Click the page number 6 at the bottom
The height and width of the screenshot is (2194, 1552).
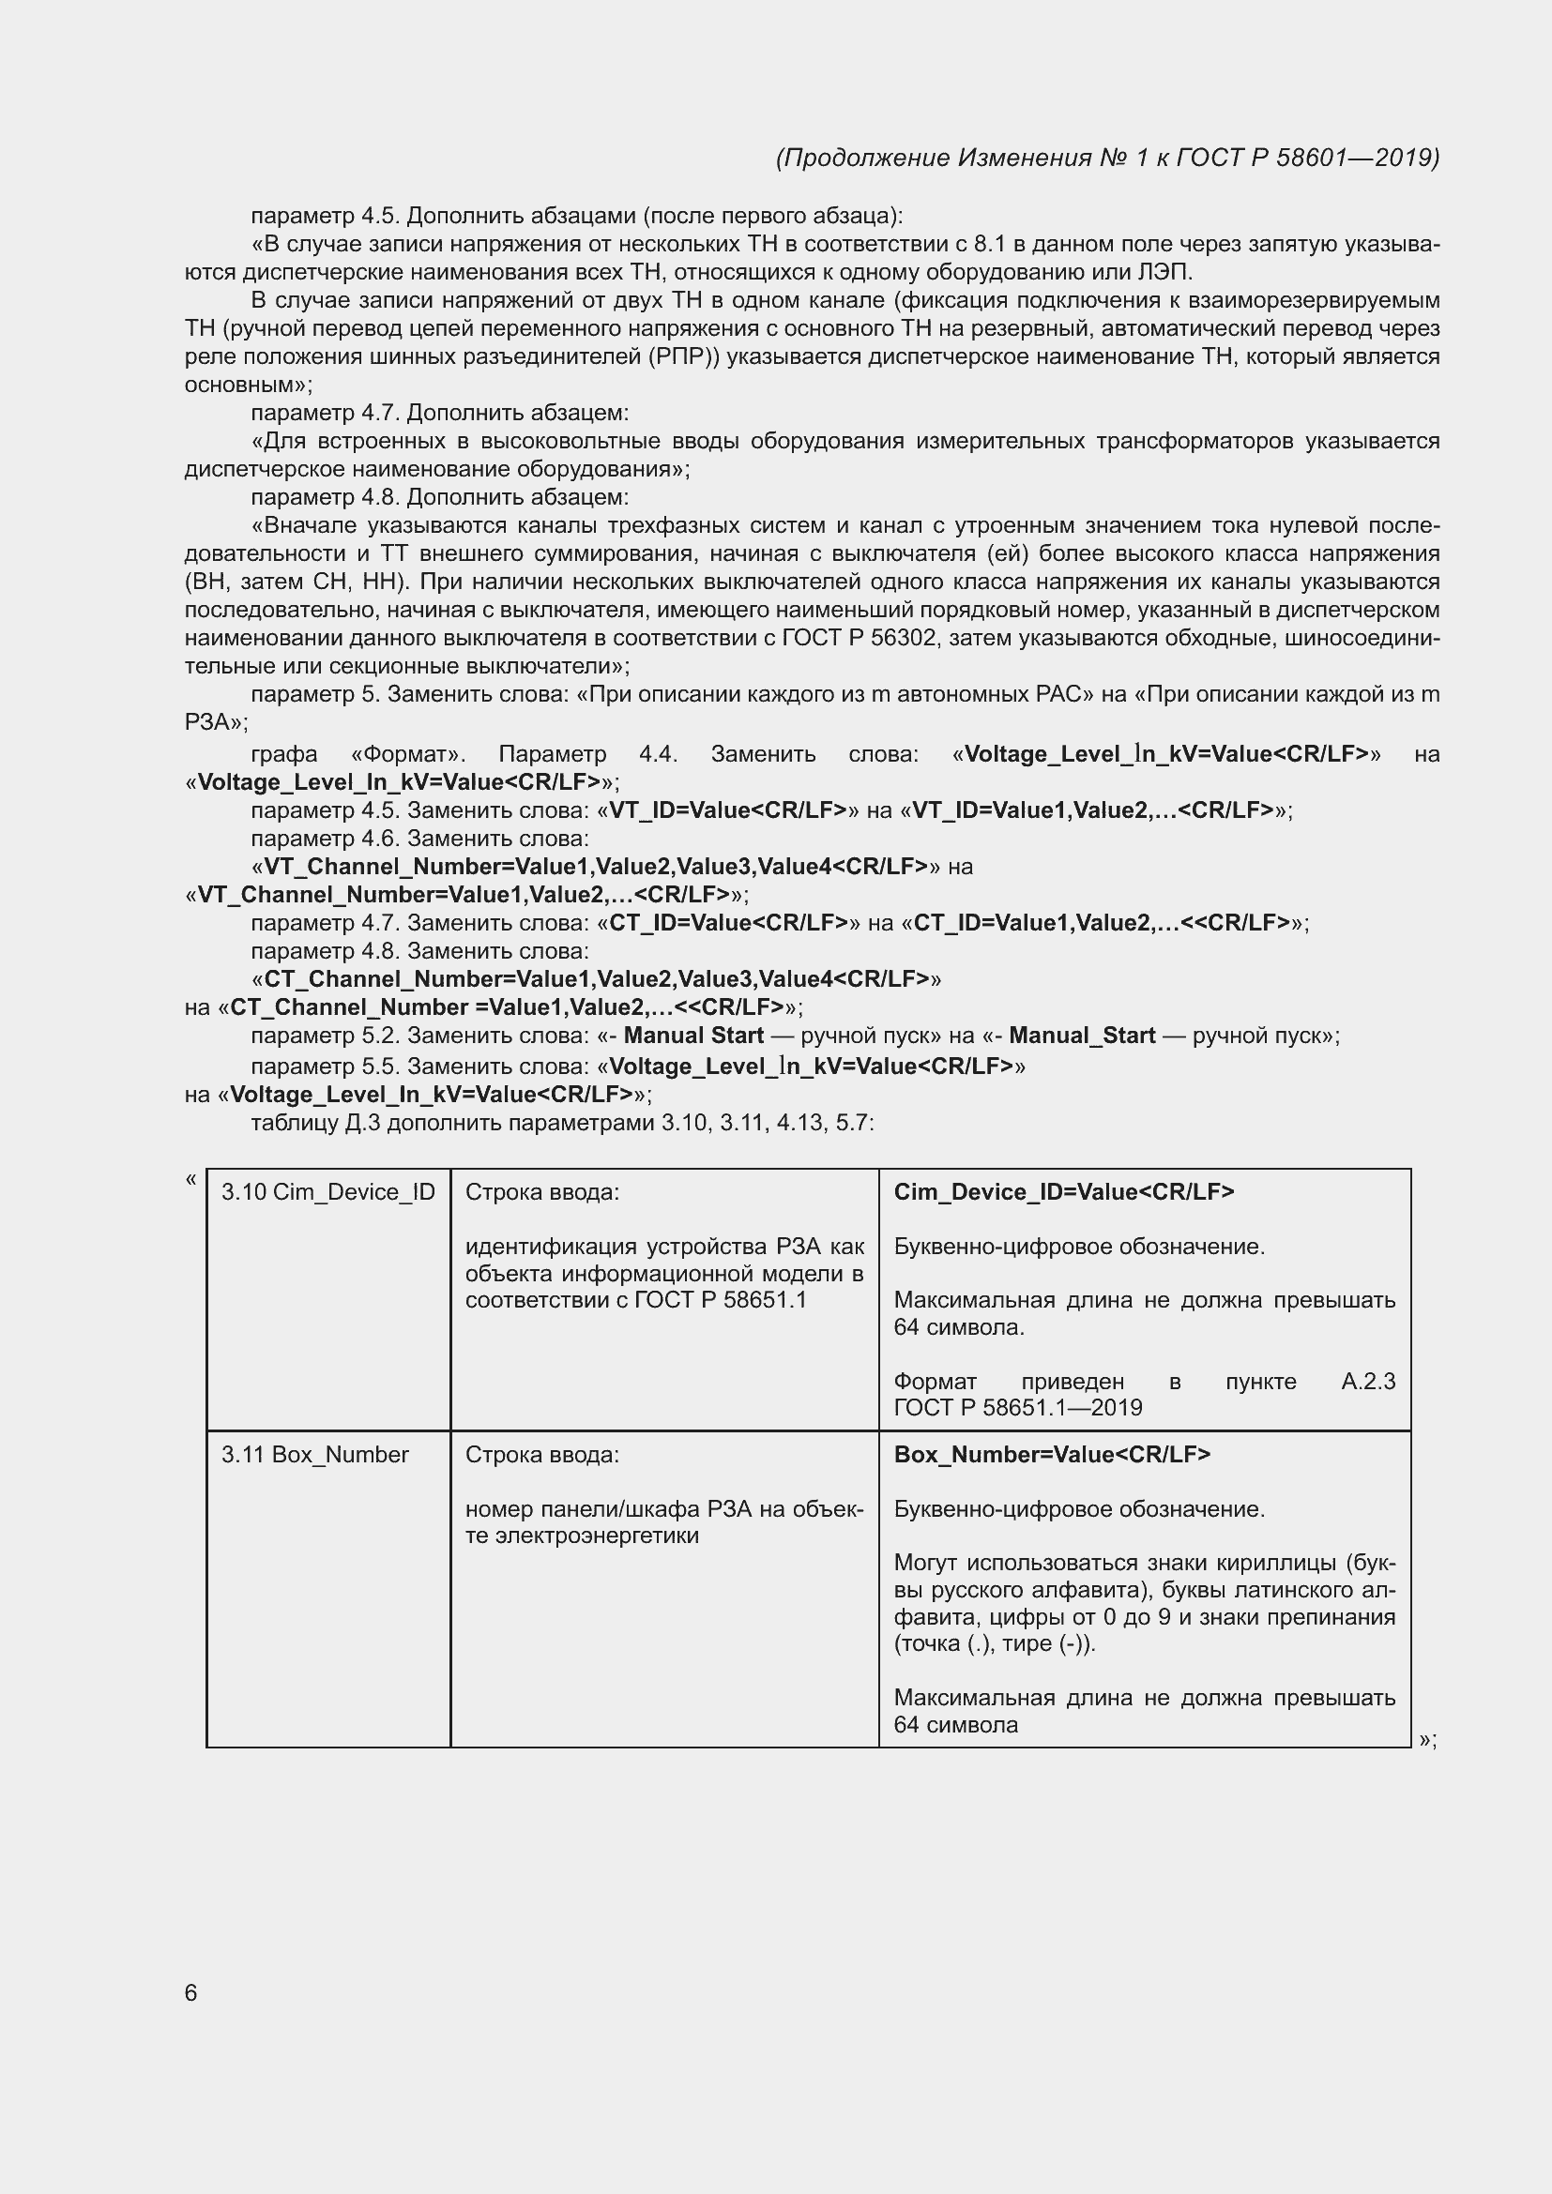pos(190,1992)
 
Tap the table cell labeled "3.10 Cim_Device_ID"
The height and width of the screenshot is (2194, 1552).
pos(327,1191)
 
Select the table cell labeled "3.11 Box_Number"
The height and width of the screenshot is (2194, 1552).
pos(314,1455)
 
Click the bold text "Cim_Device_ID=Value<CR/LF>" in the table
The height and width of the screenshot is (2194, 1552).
pos(1064,1191)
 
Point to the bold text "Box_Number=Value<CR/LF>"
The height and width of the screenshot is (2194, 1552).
pos(1052,1455)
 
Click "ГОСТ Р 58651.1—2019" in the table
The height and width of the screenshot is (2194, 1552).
pos(1018,1408)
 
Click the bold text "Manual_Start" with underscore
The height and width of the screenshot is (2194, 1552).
pos(1082,1036)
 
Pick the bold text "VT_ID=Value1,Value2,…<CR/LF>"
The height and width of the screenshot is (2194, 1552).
pos(1093,810)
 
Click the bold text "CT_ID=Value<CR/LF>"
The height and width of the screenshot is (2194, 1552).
pos(728,923)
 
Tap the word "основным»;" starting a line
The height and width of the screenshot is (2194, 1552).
pos(249,386)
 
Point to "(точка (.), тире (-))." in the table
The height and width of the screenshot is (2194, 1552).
pos(995,1643)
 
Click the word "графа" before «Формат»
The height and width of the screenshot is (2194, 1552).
pos(283,754)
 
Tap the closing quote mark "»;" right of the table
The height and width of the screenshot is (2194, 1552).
pos(1428,1740)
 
